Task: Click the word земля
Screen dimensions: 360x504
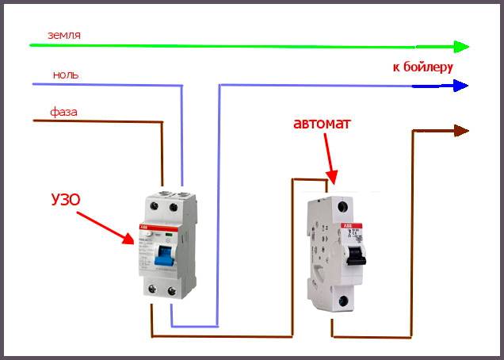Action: [64, 35]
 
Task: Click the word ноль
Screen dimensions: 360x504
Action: [65, 75]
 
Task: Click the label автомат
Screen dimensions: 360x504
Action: [321, 124]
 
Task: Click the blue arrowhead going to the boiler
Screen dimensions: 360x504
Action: [460, 85]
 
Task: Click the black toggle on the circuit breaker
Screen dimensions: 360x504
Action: [357, 254]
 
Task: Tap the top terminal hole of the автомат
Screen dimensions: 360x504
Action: [342, 205]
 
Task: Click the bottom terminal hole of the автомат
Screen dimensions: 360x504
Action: [342, 301]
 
